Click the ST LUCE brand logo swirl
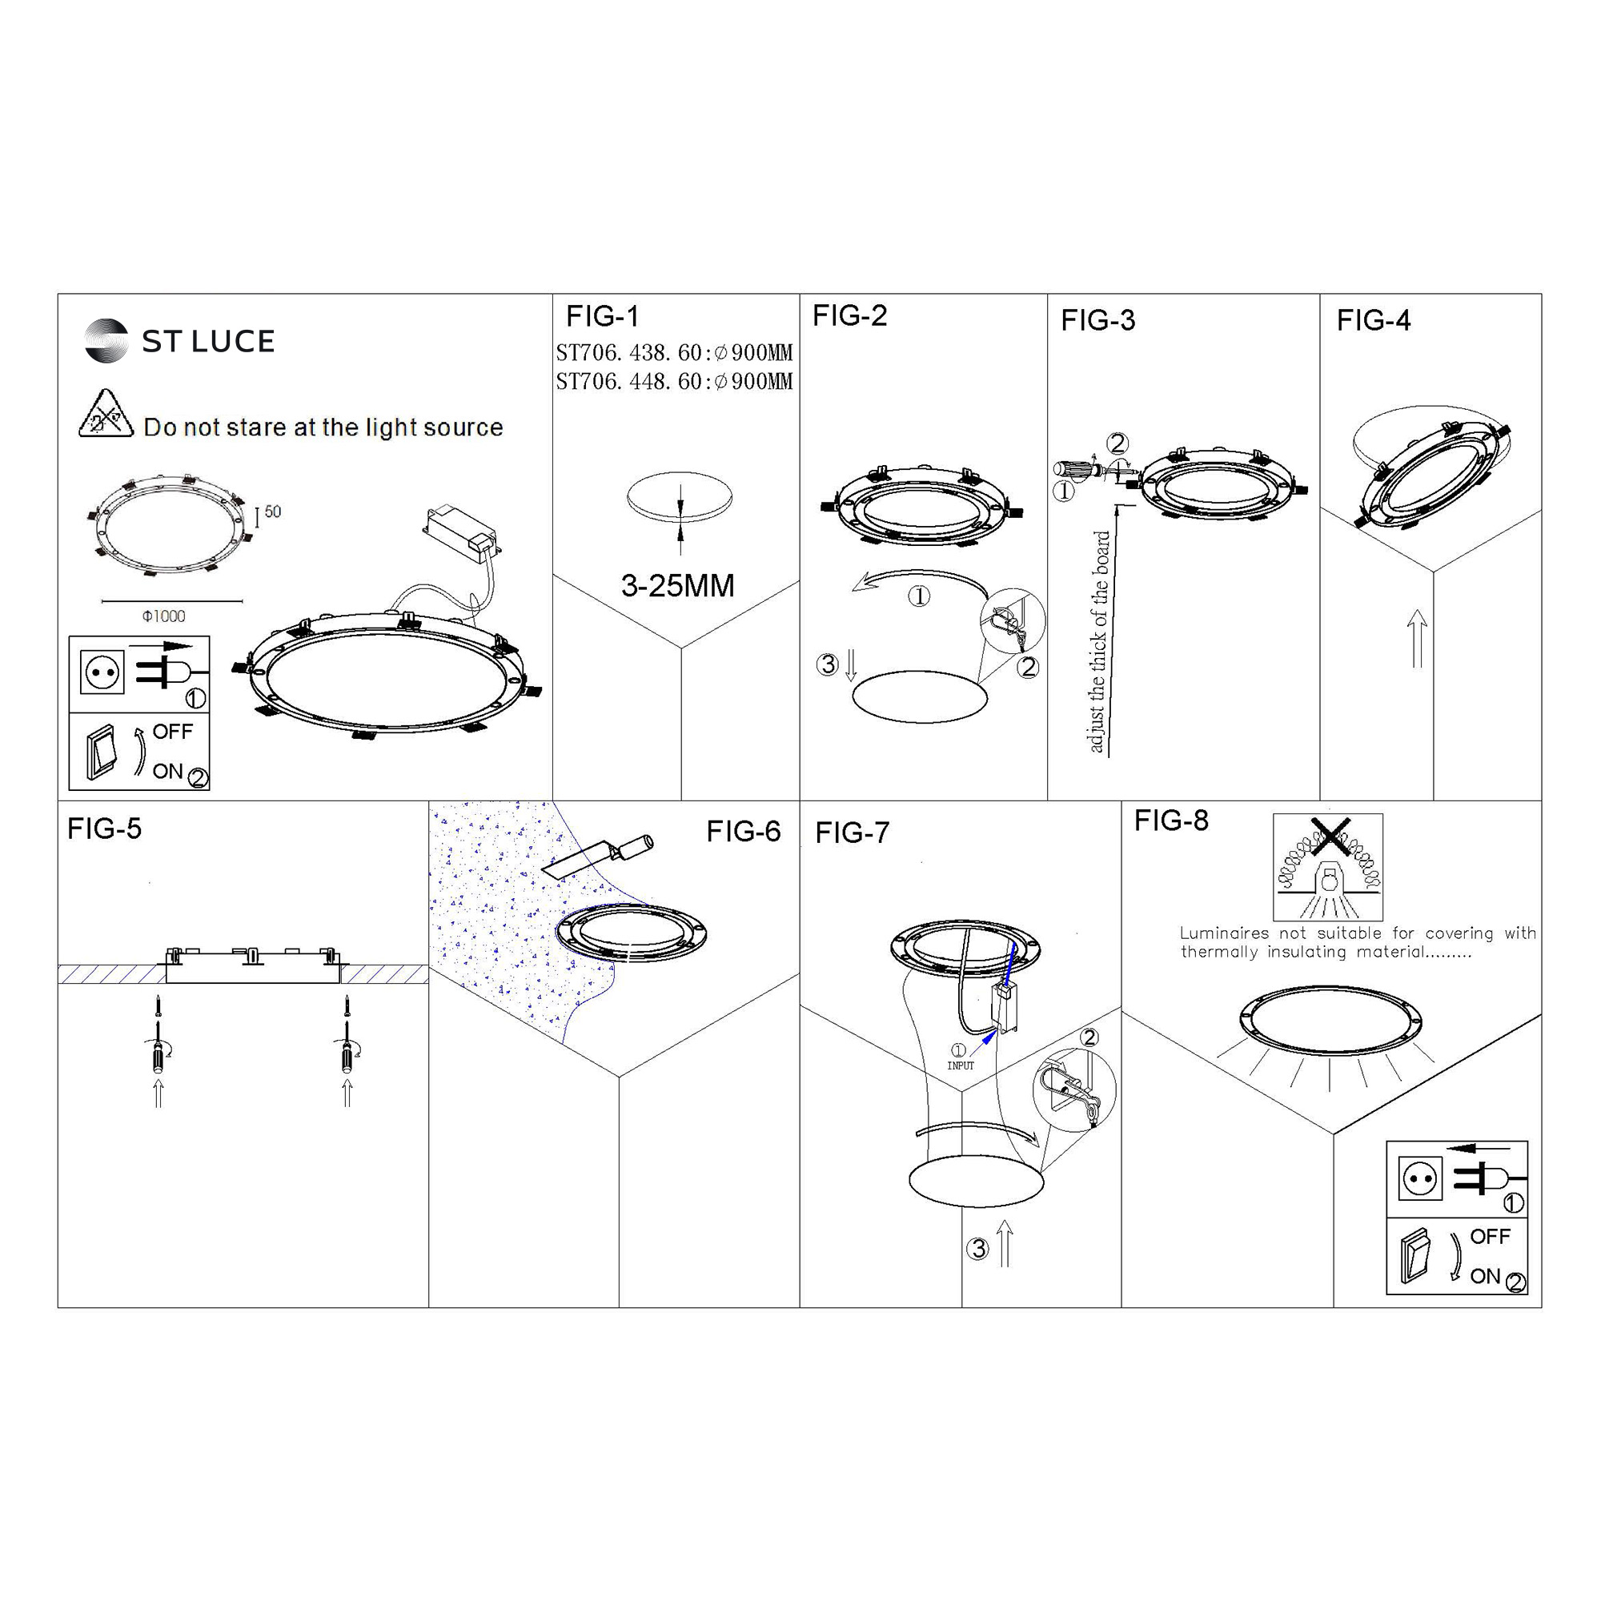[x=106, y=340]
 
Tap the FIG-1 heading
[x=603, y=315]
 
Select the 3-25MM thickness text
[x=678, y=586]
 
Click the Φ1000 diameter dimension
[x=164, y=616]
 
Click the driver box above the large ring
[x=463, y=532]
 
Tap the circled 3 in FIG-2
[x=827, y=664]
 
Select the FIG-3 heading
[x=1098, y=320]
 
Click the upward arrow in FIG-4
[x=1417, y=638]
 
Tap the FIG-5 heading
[x=104, y=829]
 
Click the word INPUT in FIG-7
[x=961, y=1065]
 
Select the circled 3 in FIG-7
[x=978, y=1249]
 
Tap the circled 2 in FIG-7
[x=1089, y=1037]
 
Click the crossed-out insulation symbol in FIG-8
[x=1328, y=867]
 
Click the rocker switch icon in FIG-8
[x=1416, y=1256]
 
